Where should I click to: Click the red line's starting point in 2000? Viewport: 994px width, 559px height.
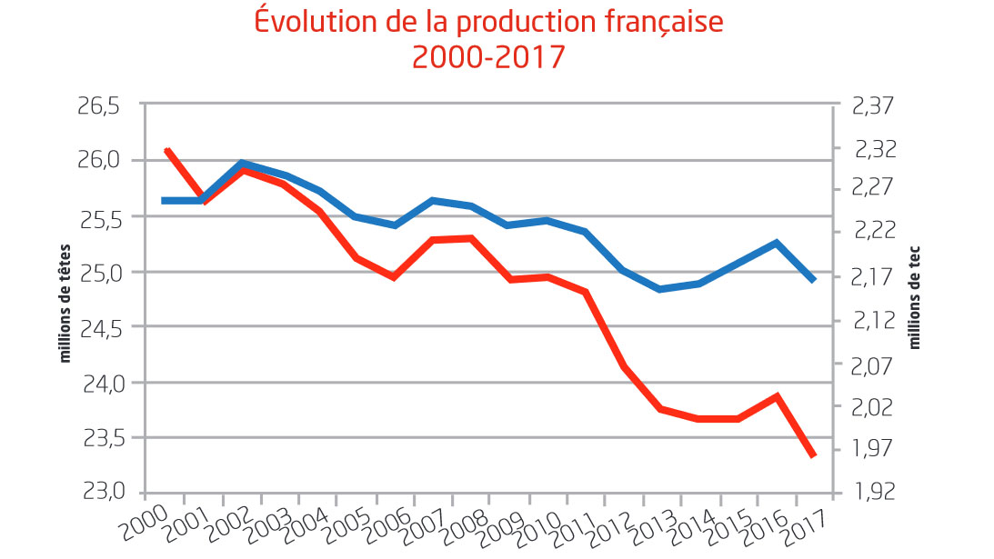click(x=166, y=149)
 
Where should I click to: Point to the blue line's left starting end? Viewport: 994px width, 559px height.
click(x=164, y=200)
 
